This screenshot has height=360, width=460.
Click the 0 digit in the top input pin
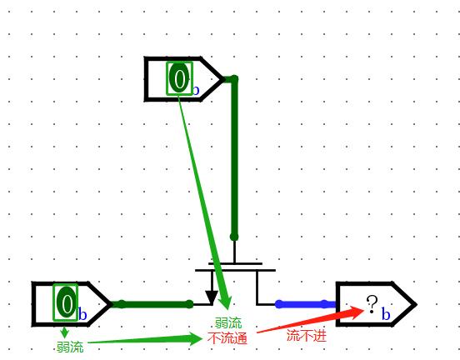pos(179,78)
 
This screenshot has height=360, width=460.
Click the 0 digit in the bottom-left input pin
pos(67,302)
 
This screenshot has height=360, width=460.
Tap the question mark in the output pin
pos(372,304)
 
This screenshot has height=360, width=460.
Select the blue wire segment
pos(305,304)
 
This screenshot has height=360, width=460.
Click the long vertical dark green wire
pos(234,157)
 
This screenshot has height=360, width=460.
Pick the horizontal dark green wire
pos(152,304)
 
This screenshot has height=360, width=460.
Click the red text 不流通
pos(227,338)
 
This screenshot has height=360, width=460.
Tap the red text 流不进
pos(307,335)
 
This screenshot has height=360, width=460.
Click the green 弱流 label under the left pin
pos(70,347)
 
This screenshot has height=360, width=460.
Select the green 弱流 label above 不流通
pos(228,323)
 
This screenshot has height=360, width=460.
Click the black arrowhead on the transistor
pos(211,297)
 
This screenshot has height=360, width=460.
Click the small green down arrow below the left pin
pos(65,332)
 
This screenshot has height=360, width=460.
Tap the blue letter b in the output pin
pos(386,314)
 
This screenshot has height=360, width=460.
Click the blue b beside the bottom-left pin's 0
pos(82,314)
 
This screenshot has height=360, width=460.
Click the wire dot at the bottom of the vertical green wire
pos(234,237)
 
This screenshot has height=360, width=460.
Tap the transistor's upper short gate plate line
pos(235,263)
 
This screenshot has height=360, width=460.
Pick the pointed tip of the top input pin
pos(223,79)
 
